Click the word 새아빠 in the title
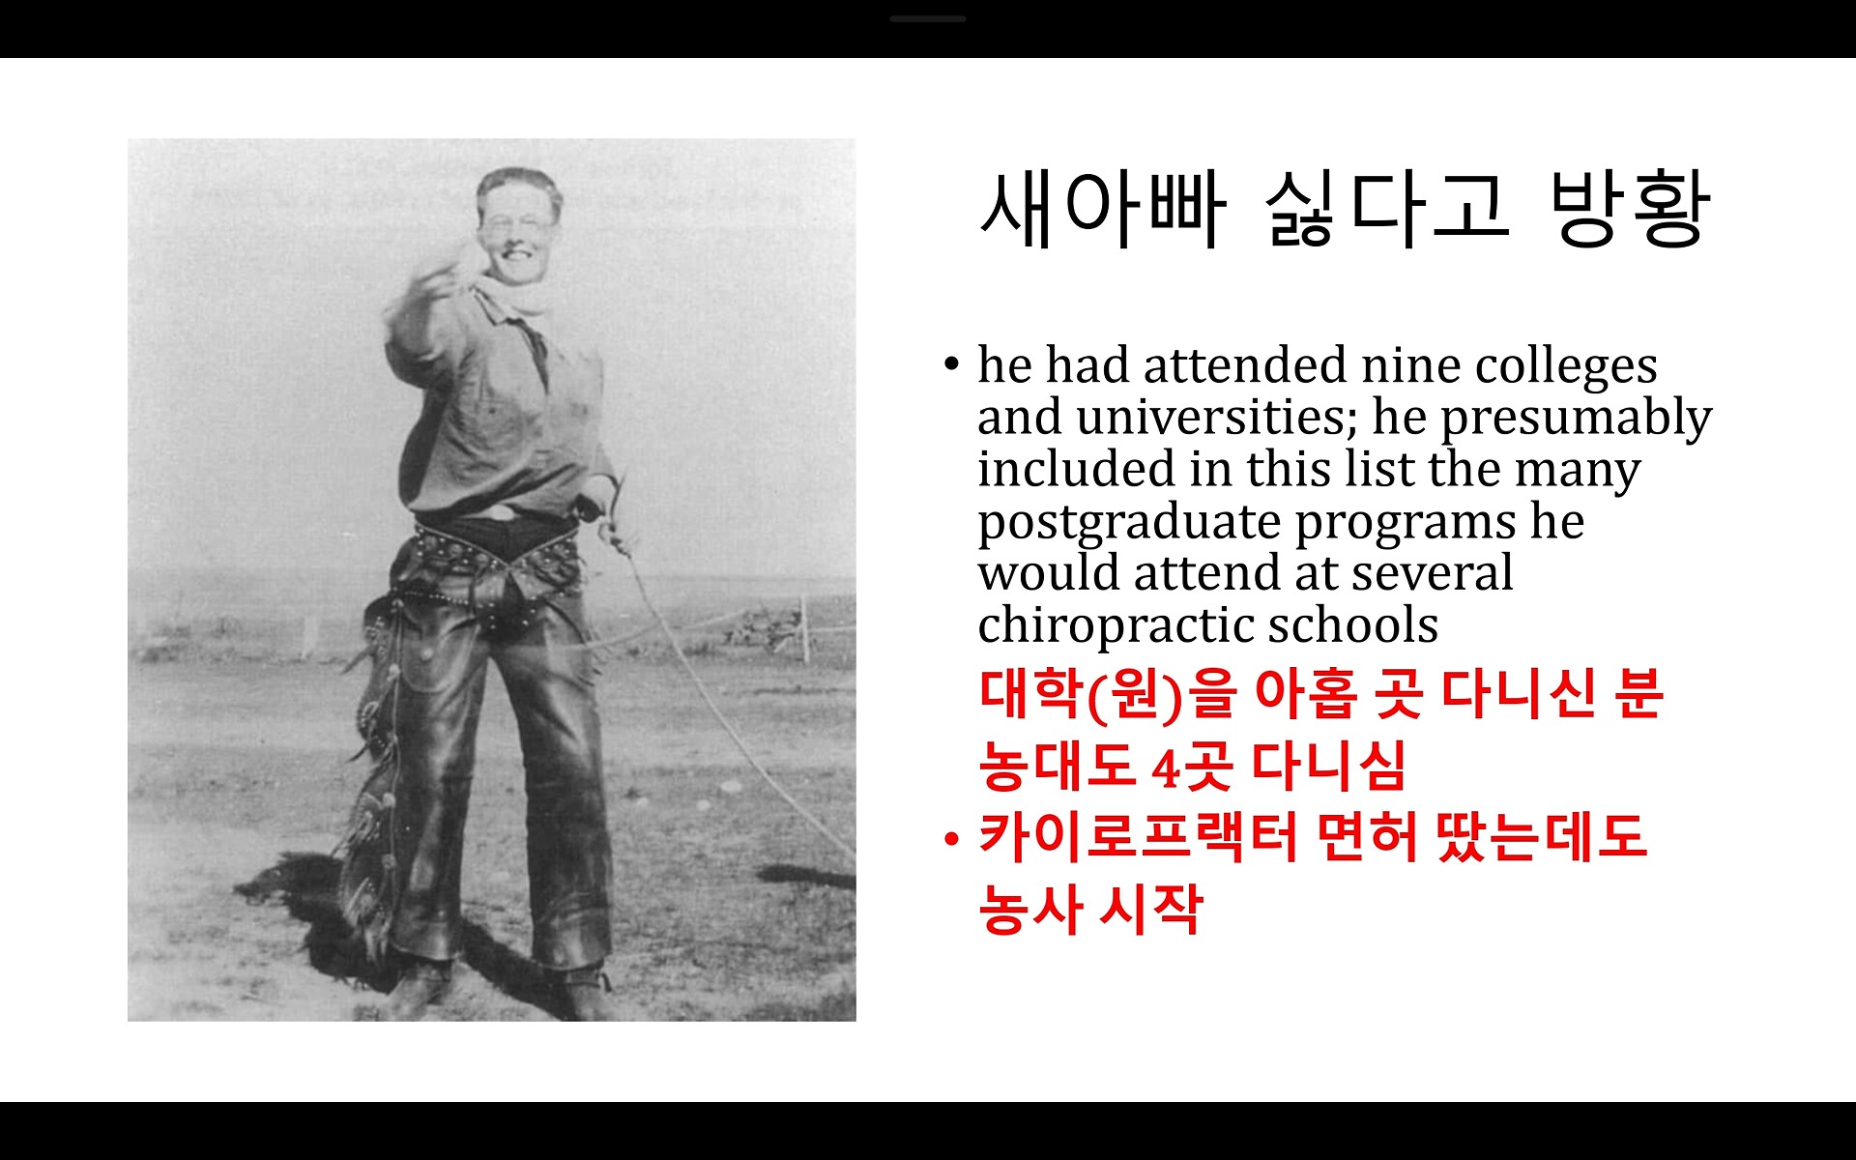[x=1103, y=209]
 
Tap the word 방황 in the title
[x=1630, y=209]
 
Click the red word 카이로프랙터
[x=1138, y=837]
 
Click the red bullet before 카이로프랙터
[x=952, y=838]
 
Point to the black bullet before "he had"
[x=952, y=364]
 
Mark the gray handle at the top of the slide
[x=928, y=18]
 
